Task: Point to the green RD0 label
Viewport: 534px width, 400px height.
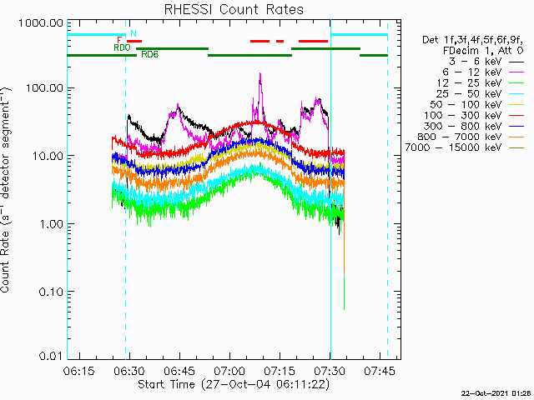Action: point(121,48)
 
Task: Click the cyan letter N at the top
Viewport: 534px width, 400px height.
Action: point(133,34)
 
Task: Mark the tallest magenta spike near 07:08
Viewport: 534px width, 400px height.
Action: point(260,75)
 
